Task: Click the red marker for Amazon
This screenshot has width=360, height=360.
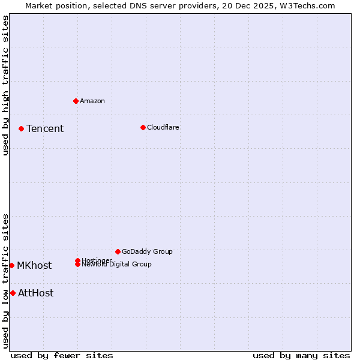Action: (x=76, y=101)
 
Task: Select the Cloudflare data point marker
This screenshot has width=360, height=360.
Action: (x=143, y=127)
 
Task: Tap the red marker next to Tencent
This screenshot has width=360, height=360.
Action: (x=21, y=128)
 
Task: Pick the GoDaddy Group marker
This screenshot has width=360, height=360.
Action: (x=118, y=251)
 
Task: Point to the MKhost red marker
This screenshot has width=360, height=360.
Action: (x=11, y=265)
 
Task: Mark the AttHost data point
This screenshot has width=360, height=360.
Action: (x=13, y=293)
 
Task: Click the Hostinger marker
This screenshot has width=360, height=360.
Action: (x=77, y=260)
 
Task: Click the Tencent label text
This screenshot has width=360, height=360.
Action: (x=45, y=128)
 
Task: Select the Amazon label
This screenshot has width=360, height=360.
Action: (x=92, y=101)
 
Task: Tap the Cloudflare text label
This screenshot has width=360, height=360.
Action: (x=163, y=127)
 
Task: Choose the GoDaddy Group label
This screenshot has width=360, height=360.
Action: (x=147, y=251)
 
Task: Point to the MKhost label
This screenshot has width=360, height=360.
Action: (x=34, y=265)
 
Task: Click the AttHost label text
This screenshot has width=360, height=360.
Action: (x=36, y=293)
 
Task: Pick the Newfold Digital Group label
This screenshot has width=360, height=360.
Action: (x=118, y=265)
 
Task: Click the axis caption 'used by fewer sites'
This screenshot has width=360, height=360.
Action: (x=62, y=355)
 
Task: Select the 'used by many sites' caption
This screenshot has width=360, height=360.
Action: (x=301, y=355)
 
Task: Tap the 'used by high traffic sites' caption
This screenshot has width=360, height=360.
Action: (x=5, y=85)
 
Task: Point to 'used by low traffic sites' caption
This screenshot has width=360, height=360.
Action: (x=5, y=280)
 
